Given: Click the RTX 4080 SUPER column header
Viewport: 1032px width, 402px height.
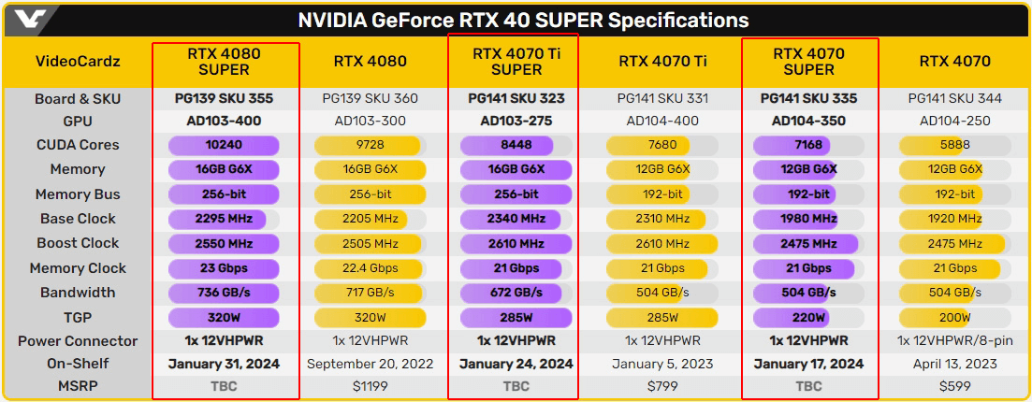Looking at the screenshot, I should (x=225, y=62).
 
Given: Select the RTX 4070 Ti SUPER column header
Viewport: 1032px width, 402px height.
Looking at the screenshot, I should (x=516, y=62).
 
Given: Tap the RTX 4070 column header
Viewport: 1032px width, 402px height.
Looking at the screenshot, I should (x=954, y=62).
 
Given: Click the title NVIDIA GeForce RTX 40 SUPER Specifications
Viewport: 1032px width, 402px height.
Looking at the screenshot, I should (x=523, y=20).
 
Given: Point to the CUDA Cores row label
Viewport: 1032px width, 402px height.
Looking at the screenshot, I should (x=78, y=145).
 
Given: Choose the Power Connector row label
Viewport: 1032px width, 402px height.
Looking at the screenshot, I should (x=78, y=341).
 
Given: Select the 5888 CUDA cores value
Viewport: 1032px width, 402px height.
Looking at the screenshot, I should (x=954, y=145).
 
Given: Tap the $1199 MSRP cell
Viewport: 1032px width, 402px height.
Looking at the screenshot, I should (x=371, y=386).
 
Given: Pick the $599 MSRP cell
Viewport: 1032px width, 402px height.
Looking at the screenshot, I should (x=954, y=386).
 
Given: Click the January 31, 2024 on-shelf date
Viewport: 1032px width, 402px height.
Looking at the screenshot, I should (x=225, y=364).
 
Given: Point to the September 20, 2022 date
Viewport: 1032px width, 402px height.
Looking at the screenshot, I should (x=371, y=364).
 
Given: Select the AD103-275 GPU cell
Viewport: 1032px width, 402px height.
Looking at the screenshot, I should (x=516, y=122).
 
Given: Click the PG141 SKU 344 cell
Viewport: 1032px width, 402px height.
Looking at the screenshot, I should (x=954, y=98).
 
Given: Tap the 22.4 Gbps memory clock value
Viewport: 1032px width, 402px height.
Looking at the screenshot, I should (x=371, y=268).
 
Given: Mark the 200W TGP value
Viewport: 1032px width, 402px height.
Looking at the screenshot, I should (x=954, y=317).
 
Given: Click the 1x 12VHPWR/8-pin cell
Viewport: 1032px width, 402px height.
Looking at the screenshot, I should (x=954, y=341).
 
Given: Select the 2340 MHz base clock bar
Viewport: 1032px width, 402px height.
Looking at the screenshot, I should (x=516, y=219).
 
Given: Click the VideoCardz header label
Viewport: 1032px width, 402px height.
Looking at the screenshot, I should (x=78, y=62).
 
